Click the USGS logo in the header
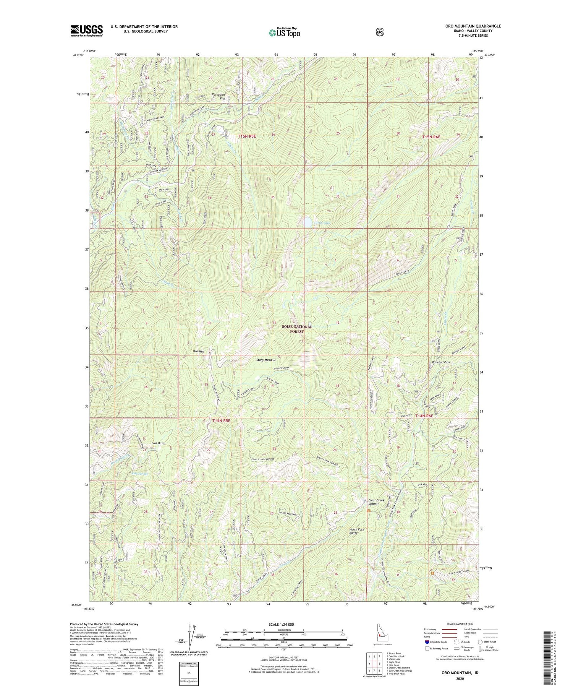click(87, 31)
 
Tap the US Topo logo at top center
click(284, 32)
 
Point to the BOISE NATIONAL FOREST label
click(297, 329)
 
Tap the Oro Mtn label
click(199, 351)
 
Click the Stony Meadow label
click(265, 360)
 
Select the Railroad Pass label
click(440, 362)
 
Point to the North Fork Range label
click(357, 531)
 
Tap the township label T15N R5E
click(247, 136)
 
